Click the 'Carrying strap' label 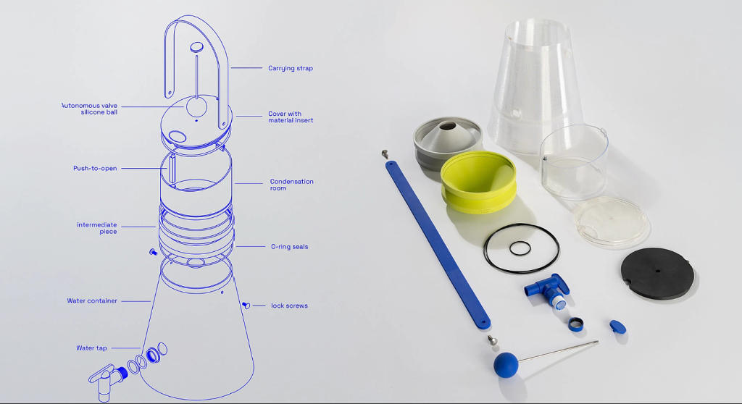(x=290, y=68)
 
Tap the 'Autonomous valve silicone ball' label (x=90, y=109)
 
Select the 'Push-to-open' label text (x=95, y=169)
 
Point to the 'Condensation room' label (x=291, y=185)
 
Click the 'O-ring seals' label (x=289, y=246)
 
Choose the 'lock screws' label (x=289, y=306)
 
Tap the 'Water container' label (x=92, y=300)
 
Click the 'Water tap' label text (x=91, y=348)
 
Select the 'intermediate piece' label (x=97, y=228)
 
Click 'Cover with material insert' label (x=291, y=117)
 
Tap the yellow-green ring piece (x=478, y=182)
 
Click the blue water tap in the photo (x=548, y=289)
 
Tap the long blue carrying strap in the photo (x=438, y=245)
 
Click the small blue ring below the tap (x=575, y=324)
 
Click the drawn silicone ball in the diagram (x=196, y=106)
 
